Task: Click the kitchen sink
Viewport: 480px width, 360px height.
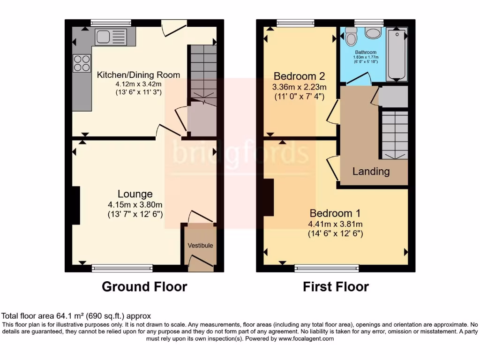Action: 108,37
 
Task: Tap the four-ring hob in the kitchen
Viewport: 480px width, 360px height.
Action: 82,63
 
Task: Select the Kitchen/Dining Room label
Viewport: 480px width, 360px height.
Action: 138,75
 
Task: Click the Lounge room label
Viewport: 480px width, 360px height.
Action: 135,194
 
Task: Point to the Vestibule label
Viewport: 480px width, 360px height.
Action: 200,246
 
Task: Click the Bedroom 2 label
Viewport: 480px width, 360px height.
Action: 299,76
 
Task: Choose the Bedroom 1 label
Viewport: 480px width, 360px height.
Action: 335,213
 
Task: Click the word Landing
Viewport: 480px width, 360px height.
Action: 371,172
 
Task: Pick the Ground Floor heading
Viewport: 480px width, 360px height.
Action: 144,286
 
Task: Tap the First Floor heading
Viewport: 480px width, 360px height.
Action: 336,286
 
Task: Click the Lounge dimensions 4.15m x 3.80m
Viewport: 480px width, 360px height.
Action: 135,205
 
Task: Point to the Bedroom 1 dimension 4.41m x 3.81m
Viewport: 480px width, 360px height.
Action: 335,224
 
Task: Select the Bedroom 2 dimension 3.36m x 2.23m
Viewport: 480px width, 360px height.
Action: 299,87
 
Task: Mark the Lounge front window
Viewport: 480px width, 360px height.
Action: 122,269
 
